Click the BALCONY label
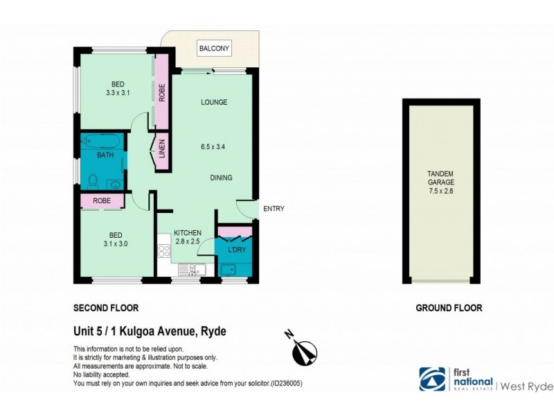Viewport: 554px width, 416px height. coord(214,49)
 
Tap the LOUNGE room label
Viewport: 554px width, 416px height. coord(214,103)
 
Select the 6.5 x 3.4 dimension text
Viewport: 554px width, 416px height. coord(214,147)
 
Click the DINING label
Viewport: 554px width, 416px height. coord(221,178)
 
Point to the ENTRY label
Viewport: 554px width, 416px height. coord(274,209)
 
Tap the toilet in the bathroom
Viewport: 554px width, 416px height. coord(93,180)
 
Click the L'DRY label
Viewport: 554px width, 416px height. coord(235,248)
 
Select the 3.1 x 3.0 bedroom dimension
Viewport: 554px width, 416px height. coord(116,243)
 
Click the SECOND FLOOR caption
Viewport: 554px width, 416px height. coord(106,307)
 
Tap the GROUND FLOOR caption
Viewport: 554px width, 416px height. coord(448,307)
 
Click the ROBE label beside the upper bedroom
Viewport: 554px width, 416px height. coord(162,93)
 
